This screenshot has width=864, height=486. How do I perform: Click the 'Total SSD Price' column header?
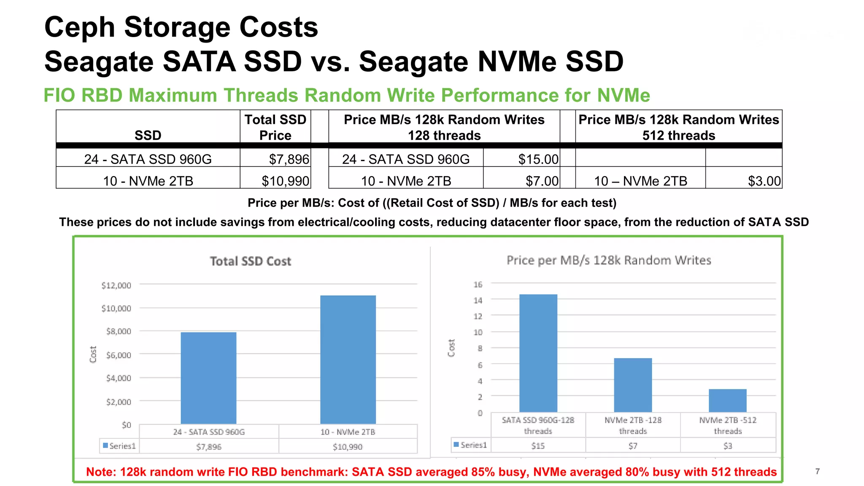[275, 127]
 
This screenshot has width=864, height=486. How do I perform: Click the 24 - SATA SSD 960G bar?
[208, 378]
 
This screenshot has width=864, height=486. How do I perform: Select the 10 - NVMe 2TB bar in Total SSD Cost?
[348, 359]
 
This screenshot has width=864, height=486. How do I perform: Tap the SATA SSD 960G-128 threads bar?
[538, 353]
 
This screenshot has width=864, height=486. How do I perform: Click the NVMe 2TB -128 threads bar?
[633, 385]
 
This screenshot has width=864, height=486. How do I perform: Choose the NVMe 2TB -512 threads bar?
[727, 400]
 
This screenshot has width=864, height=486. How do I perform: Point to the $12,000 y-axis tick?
[116, 285]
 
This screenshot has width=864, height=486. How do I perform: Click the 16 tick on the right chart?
[478, 285]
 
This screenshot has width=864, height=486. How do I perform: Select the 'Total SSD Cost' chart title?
[251, 261]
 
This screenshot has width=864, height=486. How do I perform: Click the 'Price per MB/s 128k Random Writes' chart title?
[609, 260]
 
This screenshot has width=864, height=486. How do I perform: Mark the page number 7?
[818, 471]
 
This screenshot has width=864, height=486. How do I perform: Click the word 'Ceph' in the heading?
[79, 27]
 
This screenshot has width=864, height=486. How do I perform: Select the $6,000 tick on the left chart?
[119, 355]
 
